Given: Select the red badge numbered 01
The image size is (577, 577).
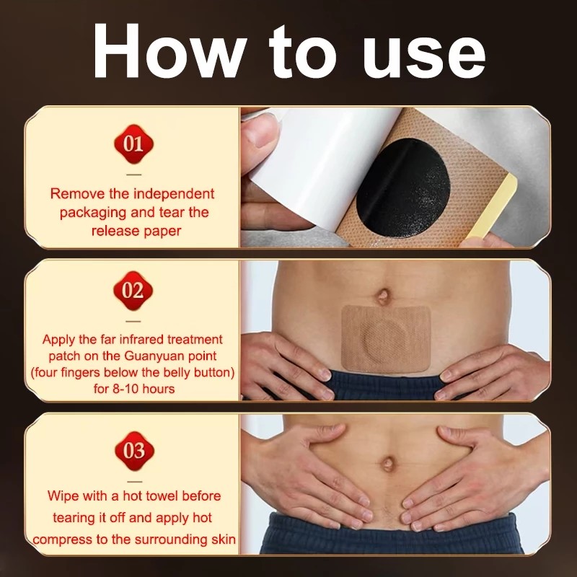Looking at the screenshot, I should click(x=133, y=143).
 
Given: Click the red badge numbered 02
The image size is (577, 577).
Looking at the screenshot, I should click(x=133, y=291).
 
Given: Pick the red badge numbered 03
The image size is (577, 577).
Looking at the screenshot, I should click(x=133, y=452).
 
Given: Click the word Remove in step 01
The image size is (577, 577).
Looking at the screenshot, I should click(x=74, y=194).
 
